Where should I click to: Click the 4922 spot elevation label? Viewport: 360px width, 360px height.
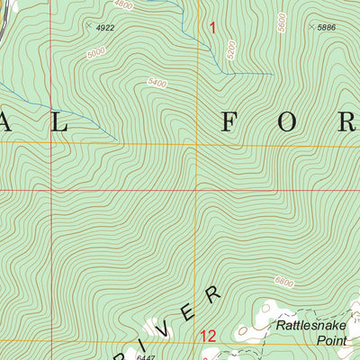coord(105,28)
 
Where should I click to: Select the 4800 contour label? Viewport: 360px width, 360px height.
coord(123,5)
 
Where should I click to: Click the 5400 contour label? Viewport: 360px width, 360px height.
coord(157,84)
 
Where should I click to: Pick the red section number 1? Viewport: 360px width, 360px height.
coord(212,28)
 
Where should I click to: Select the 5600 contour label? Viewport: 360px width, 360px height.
coord(282,22)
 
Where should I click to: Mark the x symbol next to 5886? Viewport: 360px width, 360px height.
coord(311,28)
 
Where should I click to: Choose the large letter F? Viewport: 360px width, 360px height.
coord(229,124)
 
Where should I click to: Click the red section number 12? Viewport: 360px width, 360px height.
coord(208,337)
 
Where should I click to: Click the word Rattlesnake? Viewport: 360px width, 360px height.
coord(310,325)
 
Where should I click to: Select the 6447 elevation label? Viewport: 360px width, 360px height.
coord(146,356)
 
